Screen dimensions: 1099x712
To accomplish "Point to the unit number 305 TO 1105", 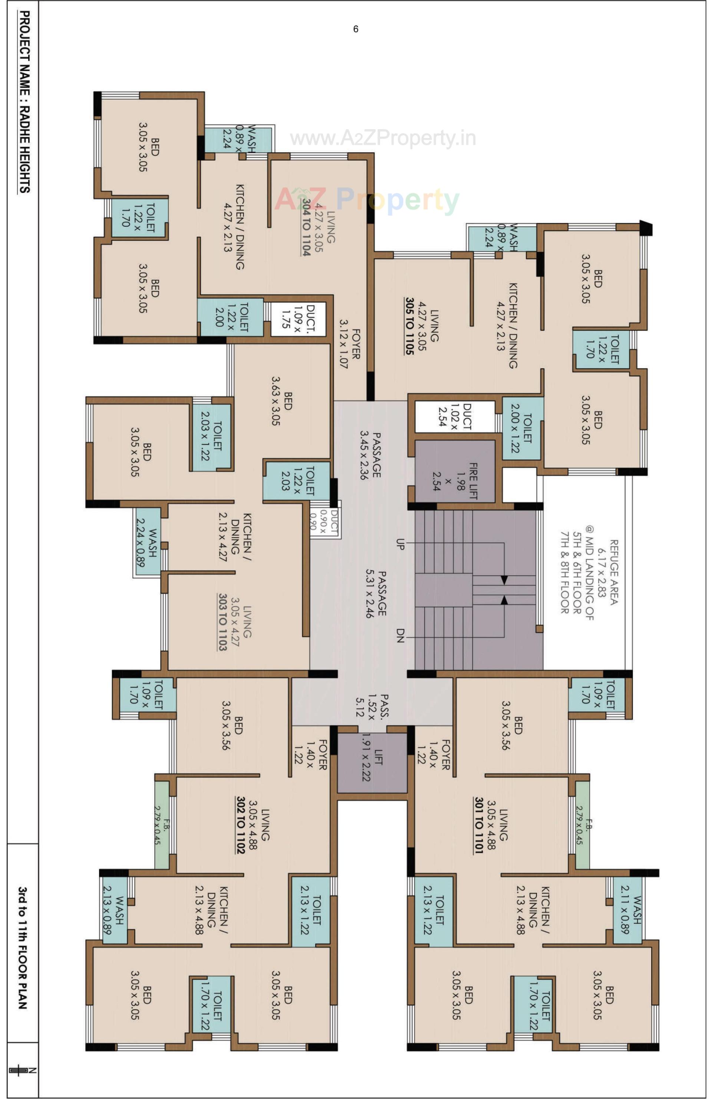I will pos(409,326).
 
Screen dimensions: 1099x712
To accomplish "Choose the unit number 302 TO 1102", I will pos(241,824).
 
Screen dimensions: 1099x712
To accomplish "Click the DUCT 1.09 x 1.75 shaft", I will pos(298,319).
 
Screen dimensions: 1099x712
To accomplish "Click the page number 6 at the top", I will pos(355,29).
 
